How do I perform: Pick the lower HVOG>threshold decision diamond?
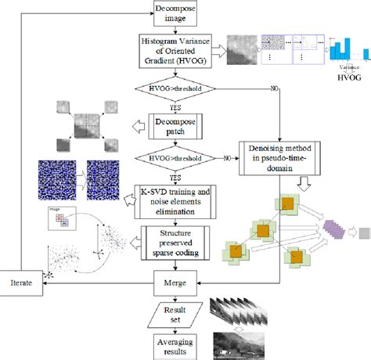point(180,158)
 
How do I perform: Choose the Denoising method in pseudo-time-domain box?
point(279,147)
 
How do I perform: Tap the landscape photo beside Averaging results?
point(236,339)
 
